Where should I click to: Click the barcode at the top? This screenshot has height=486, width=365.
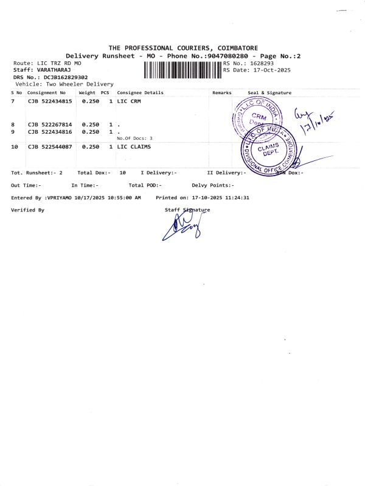[x=182, y=70]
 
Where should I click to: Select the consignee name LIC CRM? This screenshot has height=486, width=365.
[x=129, y=101]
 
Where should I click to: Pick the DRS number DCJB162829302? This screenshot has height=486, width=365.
[x=65, y=78]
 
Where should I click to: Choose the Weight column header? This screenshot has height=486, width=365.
[x=87, y=93]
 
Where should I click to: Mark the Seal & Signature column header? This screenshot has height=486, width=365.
[x=269, y=93]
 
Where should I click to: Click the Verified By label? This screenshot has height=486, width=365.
[x=27, y=210]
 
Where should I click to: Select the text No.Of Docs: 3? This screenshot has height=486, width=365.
[x=134, y=139]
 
